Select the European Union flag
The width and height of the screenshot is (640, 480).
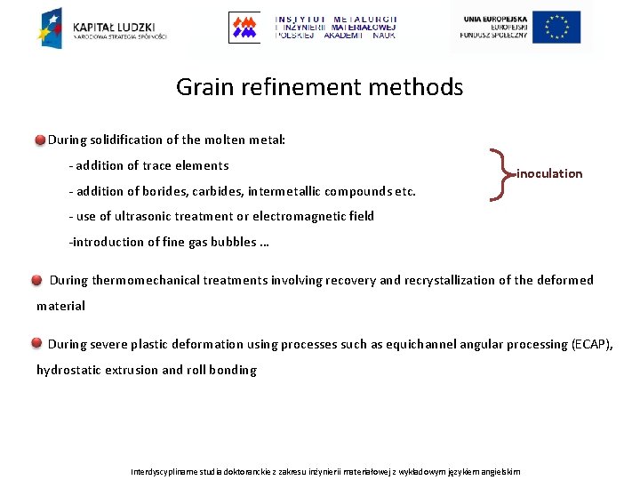pos(557,27)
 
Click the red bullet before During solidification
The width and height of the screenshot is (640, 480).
pos(41,140)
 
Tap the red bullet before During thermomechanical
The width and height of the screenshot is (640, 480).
pos(36,281)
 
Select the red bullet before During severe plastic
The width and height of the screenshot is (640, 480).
pos(36,344)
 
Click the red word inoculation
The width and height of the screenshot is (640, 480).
pos(549,173)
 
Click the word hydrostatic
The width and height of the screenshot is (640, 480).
pos(68,370)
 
